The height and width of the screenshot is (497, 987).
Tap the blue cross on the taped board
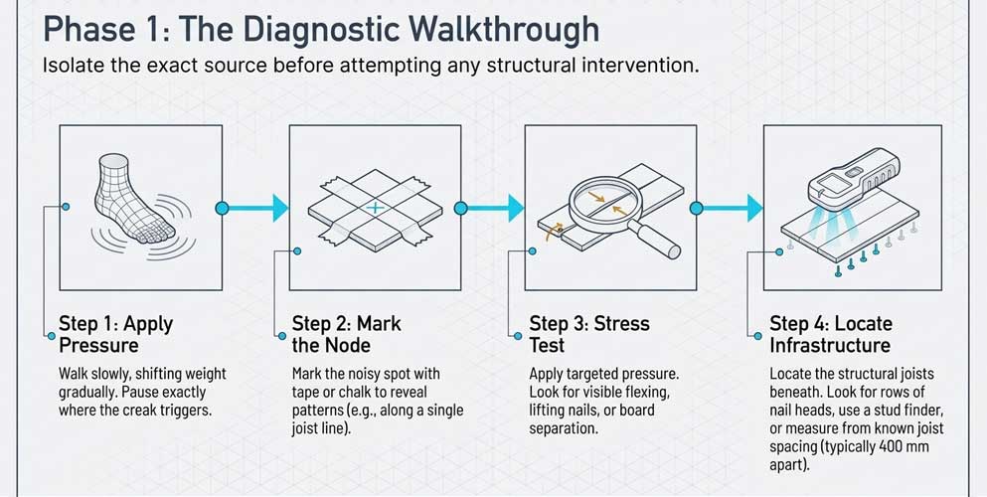coord(375,208)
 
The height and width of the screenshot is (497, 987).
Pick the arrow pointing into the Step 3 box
coord(489,208)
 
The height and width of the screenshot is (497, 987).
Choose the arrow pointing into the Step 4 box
coord(727,208)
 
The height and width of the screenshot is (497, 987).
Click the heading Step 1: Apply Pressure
coord(116,334)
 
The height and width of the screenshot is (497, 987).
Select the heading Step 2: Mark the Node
coord(347,334)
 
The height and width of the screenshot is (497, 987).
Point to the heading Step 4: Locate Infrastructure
coord(831,334)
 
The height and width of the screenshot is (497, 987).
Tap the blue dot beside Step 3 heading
coord(518,336)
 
